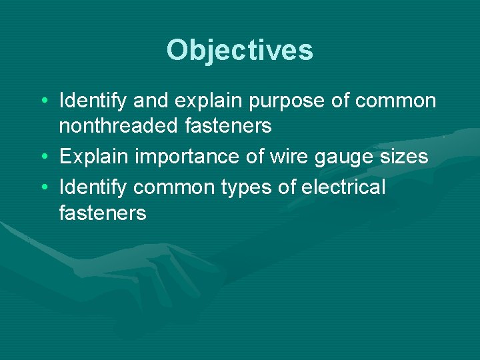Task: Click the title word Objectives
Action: click(240, 50)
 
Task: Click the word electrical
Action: click(343, 187)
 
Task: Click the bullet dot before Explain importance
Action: click(43, 157)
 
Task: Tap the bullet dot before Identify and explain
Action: click(43, 101)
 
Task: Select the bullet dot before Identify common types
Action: click(43, 188)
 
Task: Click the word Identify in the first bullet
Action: click(93, 101)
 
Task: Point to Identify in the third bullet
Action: click(93, 189)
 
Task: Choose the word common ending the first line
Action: click(396, 101)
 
